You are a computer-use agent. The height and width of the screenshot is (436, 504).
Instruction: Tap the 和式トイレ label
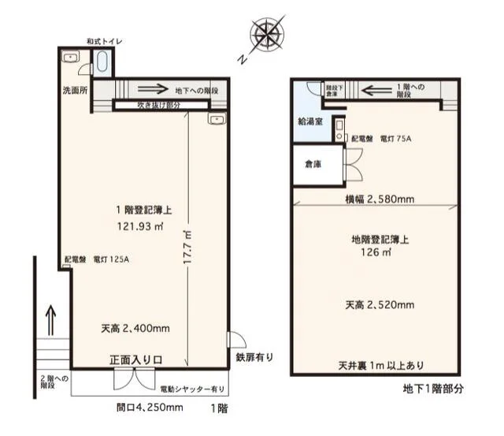pos(104,41)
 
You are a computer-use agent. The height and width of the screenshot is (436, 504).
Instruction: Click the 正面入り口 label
pos(135,360)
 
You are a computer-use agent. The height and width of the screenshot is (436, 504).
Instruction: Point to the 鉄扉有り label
pos(254,356)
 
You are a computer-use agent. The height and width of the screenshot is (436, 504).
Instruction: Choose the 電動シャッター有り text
pos(192,388)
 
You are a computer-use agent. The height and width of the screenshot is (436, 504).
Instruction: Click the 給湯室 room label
pos(308,122)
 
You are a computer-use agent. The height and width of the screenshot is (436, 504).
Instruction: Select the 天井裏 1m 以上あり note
pos(380,364)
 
